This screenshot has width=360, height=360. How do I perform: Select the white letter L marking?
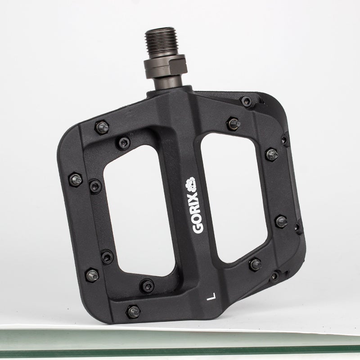(211, 297)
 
